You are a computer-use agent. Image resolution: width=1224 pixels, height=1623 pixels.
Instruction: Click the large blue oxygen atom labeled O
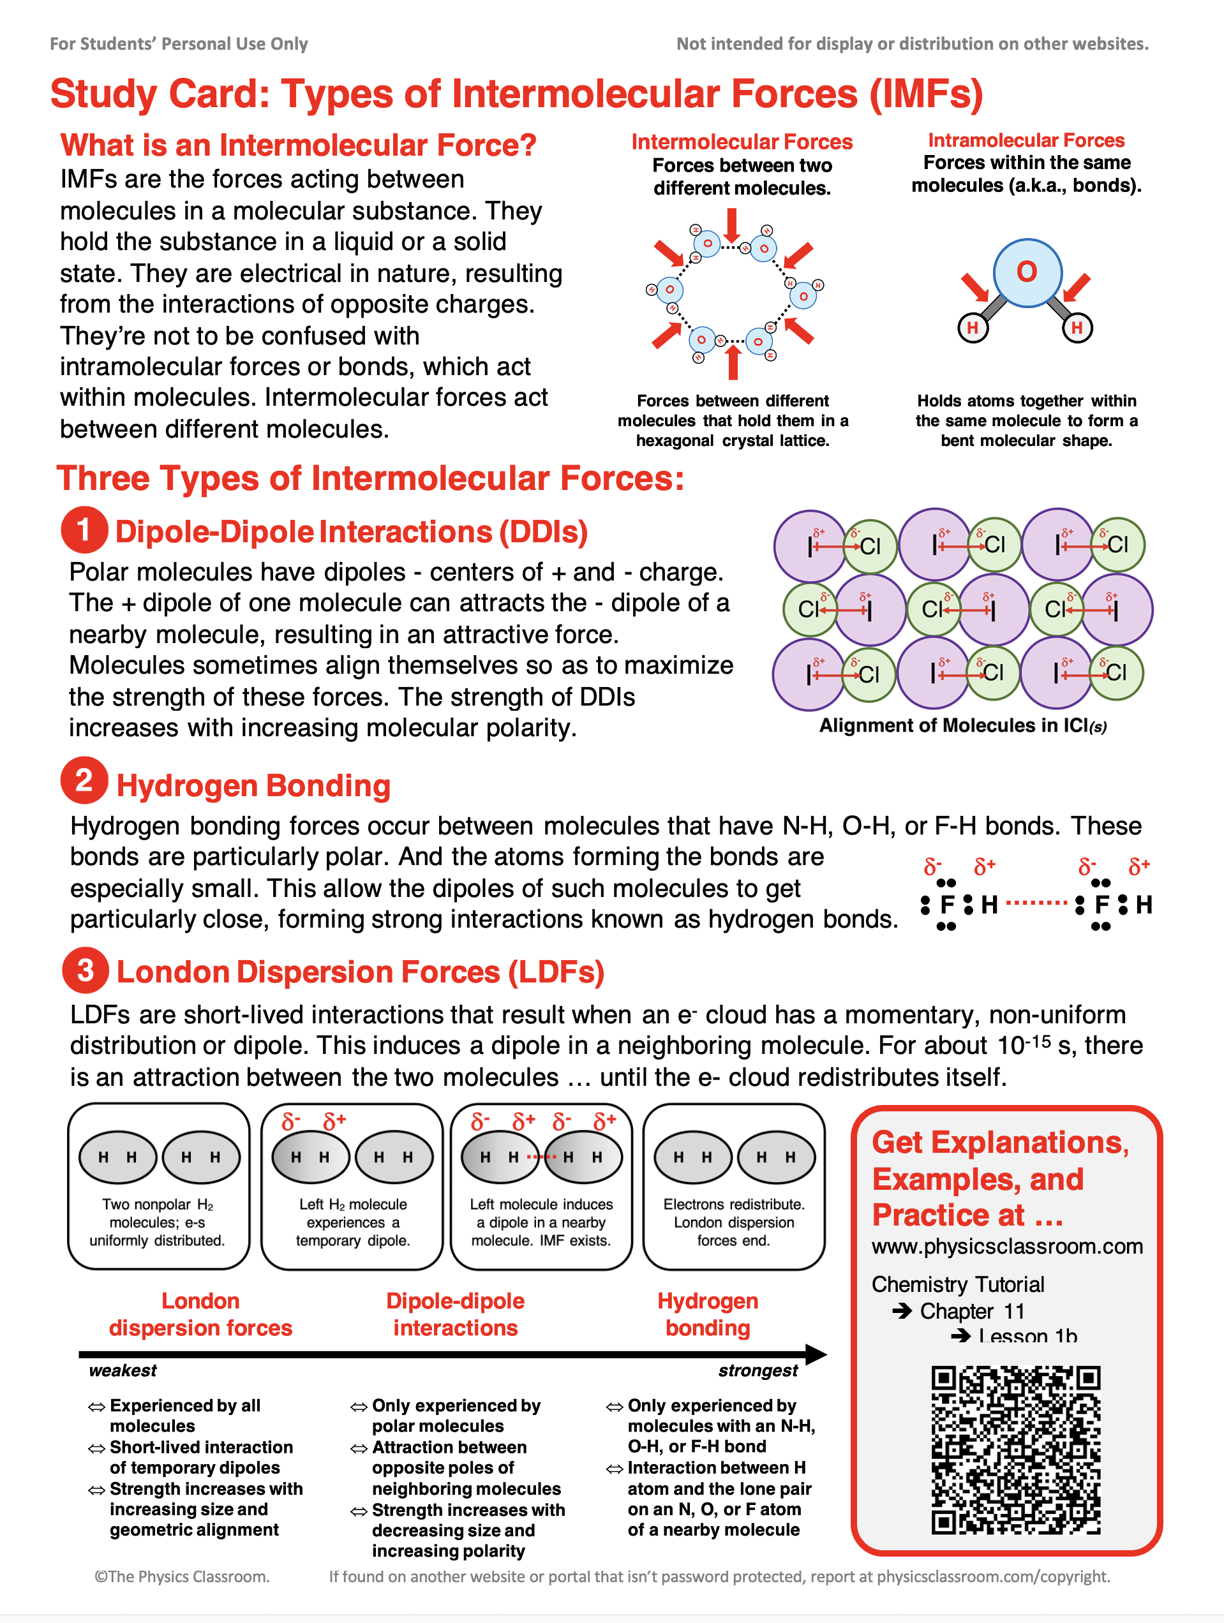tap(1026, 272)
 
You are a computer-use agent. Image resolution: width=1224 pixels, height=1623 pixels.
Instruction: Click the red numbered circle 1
tap(84, 530)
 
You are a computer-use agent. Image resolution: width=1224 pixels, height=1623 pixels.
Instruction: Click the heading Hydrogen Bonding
tap(253, 786)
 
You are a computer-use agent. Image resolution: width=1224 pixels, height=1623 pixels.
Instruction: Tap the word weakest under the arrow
tap(123, 1370)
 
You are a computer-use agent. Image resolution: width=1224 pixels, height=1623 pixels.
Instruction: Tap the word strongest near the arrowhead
tap(758, 1370)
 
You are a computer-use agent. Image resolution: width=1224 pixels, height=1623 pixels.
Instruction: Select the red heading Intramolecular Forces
tap(1026, 140)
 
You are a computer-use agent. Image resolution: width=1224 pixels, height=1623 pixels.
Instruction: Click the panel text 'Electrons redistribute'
tap(733, 1204)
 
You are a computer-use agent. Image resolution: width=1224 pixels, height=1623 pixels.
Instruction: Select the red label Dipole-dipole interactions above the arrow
tap(455, 1314)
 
